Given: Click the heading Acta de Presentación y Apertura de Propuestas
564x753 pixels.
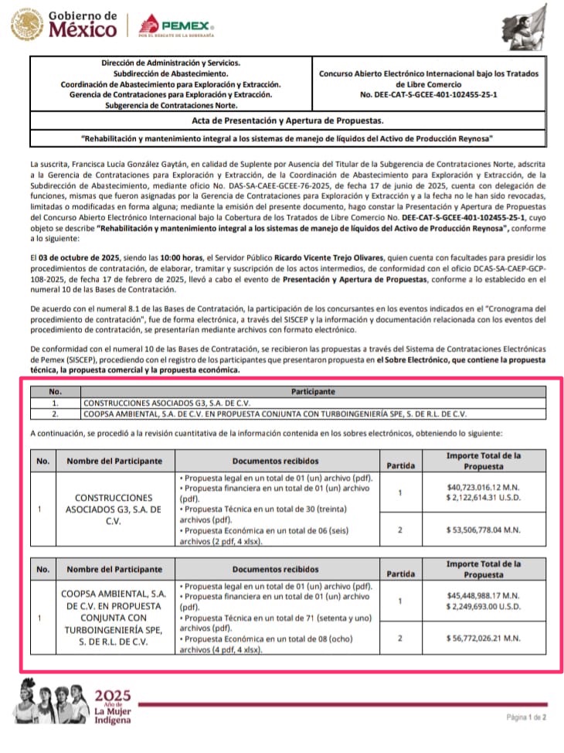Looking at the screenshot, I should click(x=287, y=121).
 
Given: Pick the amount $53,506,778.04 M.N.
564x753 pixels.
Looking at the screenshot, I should click(x=484, y=530).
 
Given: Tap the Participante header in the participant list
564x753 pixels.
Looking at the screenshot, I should click(x=313, y=392).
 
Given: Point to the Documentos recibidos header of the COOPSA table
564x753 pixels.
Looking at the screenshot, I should click(x=274, y=570).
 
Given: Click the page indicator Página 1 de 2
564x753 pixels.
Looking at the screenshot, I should click(x=525, y=717).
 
